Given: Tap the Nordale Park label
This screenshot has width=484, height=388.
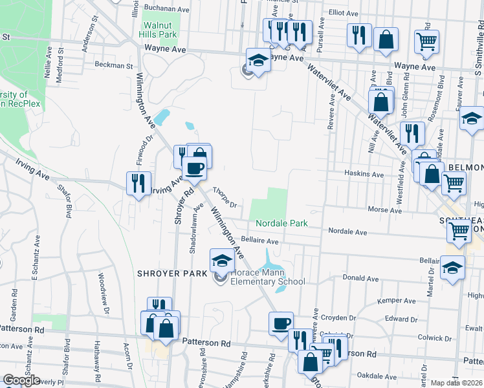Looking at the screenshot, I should click(281, 223).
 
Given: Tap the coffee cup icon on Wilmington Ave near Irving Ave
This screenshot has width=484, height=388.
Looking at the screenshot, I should click(195, 169).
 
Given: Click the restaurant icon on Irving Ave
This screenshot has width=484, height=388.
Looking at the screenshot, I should click(138, 183).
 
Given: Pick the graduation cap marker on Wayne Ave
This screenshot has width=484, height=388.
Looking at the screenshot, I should click(258, 61).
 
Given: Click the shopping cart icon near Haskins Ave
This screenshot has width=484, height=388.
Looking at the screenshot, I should click(454, 183).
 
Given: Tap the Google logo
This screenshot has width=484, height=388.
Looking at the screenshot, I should click(21, 380).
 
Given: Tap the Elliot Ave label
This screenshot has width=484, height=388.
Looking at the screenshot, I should click(344, 13).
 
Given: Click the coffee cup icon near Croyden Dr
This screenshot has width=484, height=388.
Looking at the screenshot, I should click(281, 323).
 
